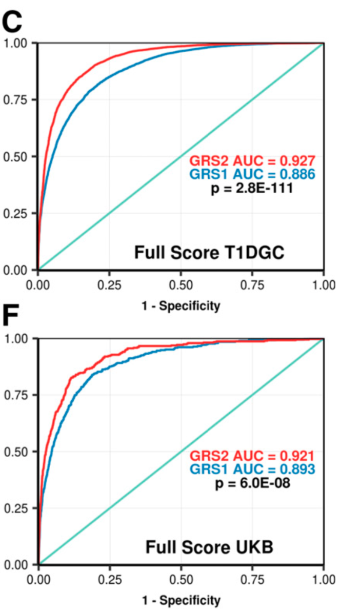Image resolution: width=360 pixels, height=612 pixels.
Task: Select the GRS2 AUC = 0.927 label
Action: pyautogui.click(x=252, y=160)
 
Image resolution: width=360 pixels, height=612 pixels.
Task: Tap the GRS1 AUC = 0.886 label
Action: pyautogui.click(x=252, y=174)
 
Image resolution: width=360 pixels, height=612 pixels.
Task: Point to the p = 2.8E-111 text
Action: pyautogui.click(x=252, y=189)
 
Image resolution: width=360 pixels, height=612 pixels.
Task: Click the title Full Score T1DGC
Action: pyautogui.click(x=210, y=253)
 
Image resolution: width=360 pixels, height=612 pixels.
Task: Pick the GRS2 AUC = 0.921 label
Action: pyautogui.click(x=252, y=456)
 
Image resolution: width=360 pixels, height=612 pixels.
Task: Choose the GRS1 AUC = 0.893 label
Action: pyautogui.click(x=252, y=469)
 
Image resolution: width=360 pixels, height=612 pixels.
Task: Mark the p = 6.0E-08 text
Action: pyautogui.click(x=252, y=483)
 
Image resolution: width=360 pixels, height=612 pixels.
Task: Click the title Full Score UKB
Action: pyautogui.click(x=209, y=547)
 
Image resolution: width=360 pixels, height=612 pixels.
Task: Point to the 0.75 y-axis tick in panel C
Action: pyautogui.click(x=17, y=99)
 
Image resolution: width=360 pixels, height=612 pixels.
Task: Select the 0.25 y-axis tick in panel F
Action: pyautogui.click(x=17, y=508)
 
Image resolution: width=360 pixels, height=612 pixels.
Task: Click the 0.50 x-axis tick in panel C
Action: pyautogui.click(x=181, y=283)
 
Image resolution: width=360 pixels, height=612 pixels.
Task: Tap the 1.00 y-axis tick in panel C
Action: pyautogui.click(x=17, y=43)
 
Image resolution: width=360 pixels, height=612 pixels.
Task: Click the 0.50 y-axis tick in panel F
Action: pyautogui.click(x=17, y=452)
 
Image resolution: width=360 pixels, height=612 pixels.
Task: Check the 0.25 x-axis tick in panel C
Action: pyautogui.click(x=109, y=283)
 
